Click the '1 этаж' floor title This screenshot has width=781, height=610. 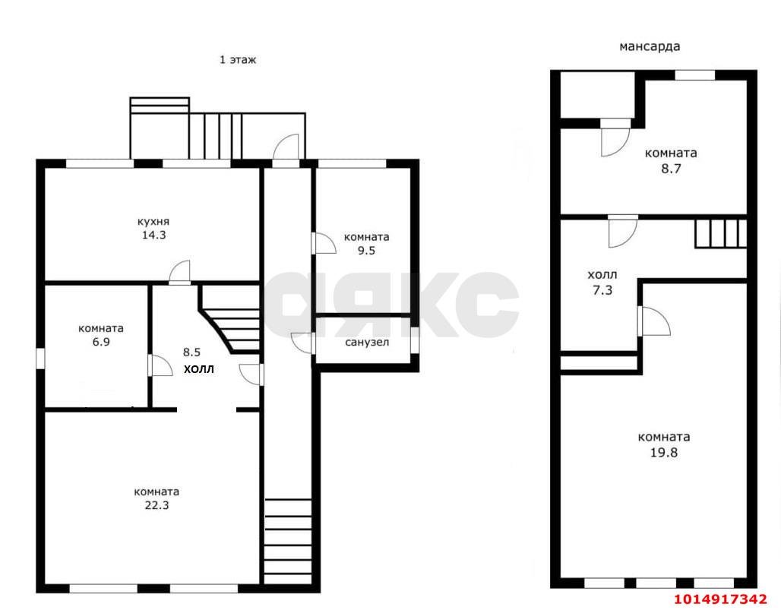click(x=238, y=60)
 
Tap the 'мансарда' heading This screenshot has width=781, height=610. click(x=650, y=47)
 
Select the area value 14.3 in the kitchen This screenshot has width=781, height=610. click(x=153, y=235)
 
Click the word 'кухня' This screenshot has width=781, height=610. click(x=153, y=222)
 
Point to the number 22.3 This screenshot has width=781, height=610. click(x=157, y=505)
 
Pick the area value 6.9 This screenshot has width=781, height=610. click(x=100, y=342)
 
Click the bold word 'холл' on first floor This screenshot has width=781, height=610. click(x=199, y=369)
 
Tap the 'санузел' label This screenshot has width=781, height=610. click(x=367, y=343)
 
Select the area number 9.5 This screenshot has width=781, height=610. click(x=366, y=251)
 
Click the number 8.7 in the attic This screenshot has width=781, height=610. click(x=670, y=169)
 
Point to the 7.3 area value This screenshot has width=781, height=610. click(x=602, y=290)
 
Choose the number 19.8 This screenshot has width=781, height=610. click(x=664, y=453)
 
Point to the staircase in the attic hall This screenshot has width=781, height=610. click(x=720, y=233)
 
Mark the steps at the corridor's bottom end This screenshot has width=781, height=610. click(x=288, y=541)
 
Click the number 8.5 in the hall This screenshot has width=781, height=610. click(x=191, y=352)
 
